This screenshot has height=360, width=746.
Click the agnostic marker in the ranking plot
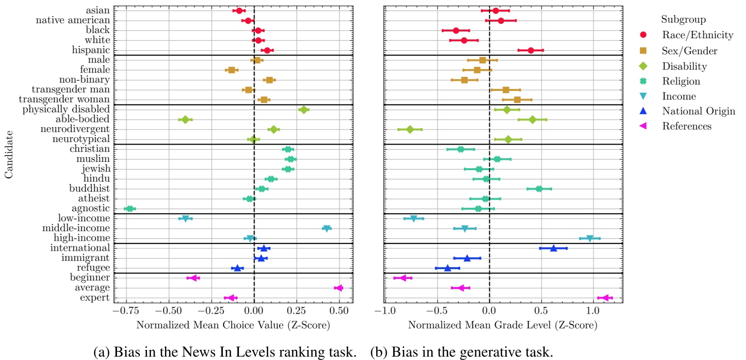[x=130, y=209]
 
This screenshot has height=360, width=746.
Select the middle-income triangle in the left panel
[x=326, y=229]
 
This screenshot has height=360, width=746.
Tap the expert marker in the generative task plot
[x=605, y=298]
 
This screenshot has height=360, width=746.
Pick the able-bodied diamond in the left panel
[x=185, y=119]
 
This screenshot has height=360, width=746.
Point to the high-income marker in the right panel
[x=589, y=238]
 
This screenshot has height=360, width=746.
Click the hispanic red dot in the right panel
[x=531, y=50]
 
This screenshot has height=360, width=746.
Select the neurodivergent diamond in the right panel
[x=410, y=130]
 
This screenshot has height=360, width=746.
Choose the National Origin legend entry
[x=699, y=111]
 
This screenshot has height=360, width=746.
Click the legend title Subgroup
[x=683, y=20]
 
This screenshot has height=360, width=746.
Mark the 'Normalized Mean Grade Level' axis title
[x=502, y=325]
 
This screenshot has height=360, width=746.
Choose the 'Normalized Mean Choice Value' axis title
[x=233, y=325]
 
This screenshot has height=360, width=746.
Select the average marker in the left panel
[x=338, y=288]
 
